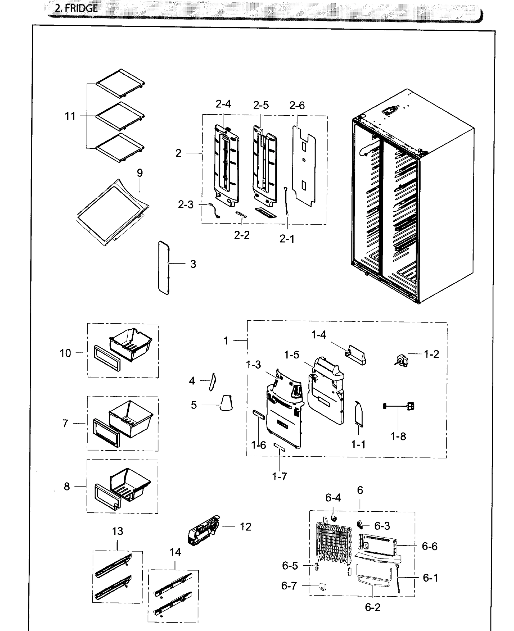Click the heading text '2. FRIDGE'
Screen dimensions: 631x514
[x=76, y=8]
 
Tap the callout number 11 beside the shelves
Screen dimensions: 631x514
[x=70, y=116]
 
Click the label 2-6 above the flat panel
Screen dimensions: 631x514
[x=297, y=105]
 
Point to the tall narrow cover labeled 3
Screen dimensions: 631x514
[x=164, y=268]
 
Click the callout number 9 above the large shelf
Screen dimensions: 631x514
[x=140, y=173]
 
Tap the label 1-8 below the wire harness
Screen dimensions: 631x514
[x=398, y=436]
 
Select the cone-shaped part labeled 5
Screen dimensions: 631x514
[x=226, y=403]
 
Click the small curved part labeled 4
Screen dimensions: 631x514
[x=213, y=381]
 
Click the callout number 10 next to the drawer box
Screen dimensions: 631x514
[x=65, y=353]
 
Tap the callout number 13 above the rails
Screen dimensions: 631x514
[x=118, y=531]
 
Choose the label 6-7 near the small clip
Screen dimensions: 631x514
[x=289, y=586]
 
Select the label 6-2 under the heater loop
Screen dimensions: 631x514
[x=372, y=607]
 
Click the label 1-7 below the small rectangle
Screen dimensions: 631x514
[x=280, y=476]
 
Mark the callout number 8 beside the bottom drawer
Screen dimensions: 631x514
[x=67, y=486]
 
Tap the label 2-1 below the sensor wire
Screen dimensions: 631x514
[x=287, y=239]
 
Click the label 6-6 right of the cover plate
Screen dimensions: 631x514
[x=429, y=546]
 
